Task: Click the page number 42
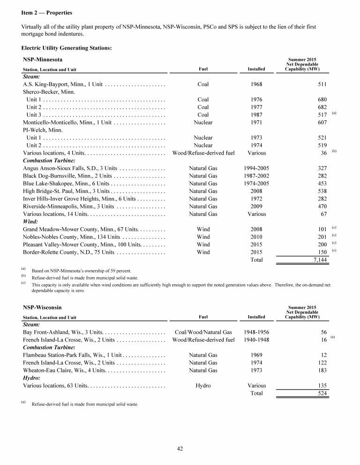click(180, 449)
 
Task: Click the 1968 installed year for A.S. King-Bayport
click(256, 84)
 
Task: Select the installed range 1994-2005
click(256, 168)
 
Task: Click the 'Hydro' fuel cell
click(203, 386)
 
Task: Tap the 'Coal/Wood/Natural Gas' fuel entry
click(203, 332)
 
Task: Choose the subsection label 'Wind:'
click(31, 221)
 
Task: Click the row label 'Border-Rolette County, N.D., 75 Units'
click(68, 252)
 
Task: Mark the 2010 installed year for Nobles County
click(256, 237)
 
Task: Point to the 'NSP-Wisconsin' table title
click(42, 307)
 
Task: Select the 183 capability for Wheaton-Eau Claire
click(322, 370)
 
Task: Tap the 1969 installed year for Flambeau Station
click(256, 355)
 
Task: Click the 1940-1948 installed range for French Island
click(256, 340)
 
